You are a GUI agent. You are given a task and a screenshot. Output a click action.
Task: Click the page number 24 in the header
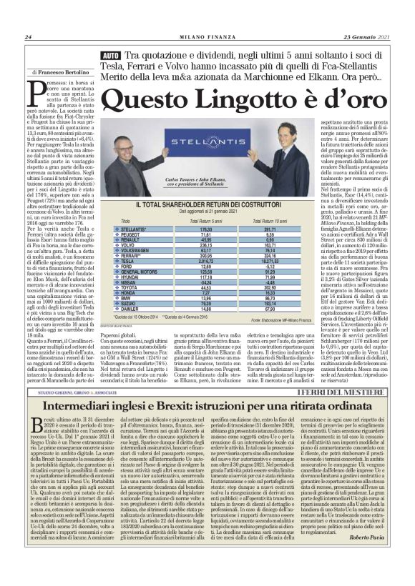pyautogui.click(x=27, y=37)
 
